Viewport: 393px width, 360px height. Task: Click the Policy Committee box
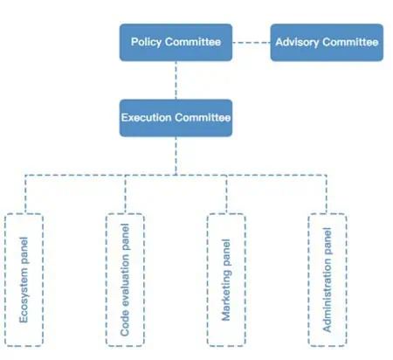[x=176, y=43]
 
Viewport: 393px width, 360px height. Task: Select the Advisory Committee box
[x=327, y=43]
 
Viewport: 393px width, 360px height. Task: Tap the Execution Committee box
[x=176, y=118]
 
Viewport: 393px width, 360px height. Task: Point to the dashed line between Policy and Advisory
[x=252, y=43]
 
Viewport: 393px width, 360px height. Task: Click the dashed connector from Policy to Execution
[x=176, y=80]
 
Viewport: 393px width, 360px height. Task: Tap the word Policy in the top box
[x=146, y=42]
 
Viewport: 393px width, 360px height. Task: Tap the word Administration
[x=327, y=294]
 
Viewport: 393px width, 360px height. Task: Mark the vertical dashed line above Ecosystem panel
[x=25, y=194]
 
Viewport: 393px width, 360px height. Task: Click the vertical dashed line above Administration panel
[x=327, y=194]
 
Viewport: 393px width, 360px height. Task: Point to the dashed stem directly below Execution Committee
[x=176, y=156]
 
